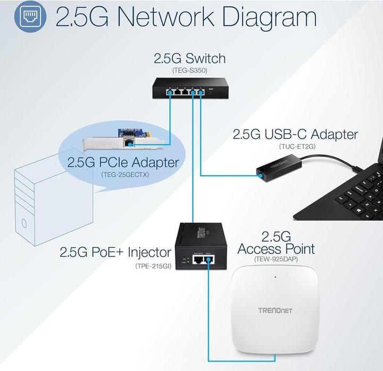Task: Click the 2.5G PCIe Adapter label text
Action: (123, 162)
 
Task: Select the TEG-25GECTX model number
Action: (123, 174)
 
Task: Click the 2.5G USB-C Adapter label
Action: (295, 134)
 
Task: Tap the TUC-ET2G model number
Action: (295, 146)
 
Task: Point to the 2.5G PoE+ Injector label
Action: (115, 252)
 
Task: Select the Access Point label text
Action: (276, 249)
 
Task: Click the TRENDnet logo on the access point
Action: (275, 310)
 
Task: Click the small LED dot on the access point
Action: (275, 277)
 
